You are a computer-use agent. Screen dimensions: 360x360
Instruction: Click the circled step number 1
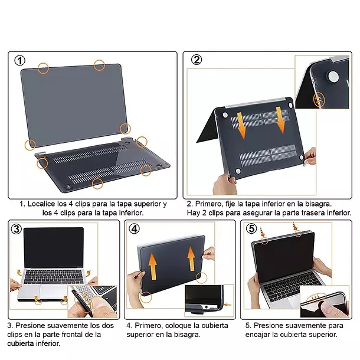click(x=20, y=60)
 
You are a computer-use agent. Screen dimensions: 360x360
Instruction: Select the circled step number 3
click(x=17, y=229)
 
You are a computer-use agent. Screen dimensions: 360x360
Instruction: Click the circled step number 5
click(x=251, y=228)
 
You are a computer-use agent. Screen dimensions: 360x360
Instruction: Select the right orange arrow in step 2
click(x=280, y=120)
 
